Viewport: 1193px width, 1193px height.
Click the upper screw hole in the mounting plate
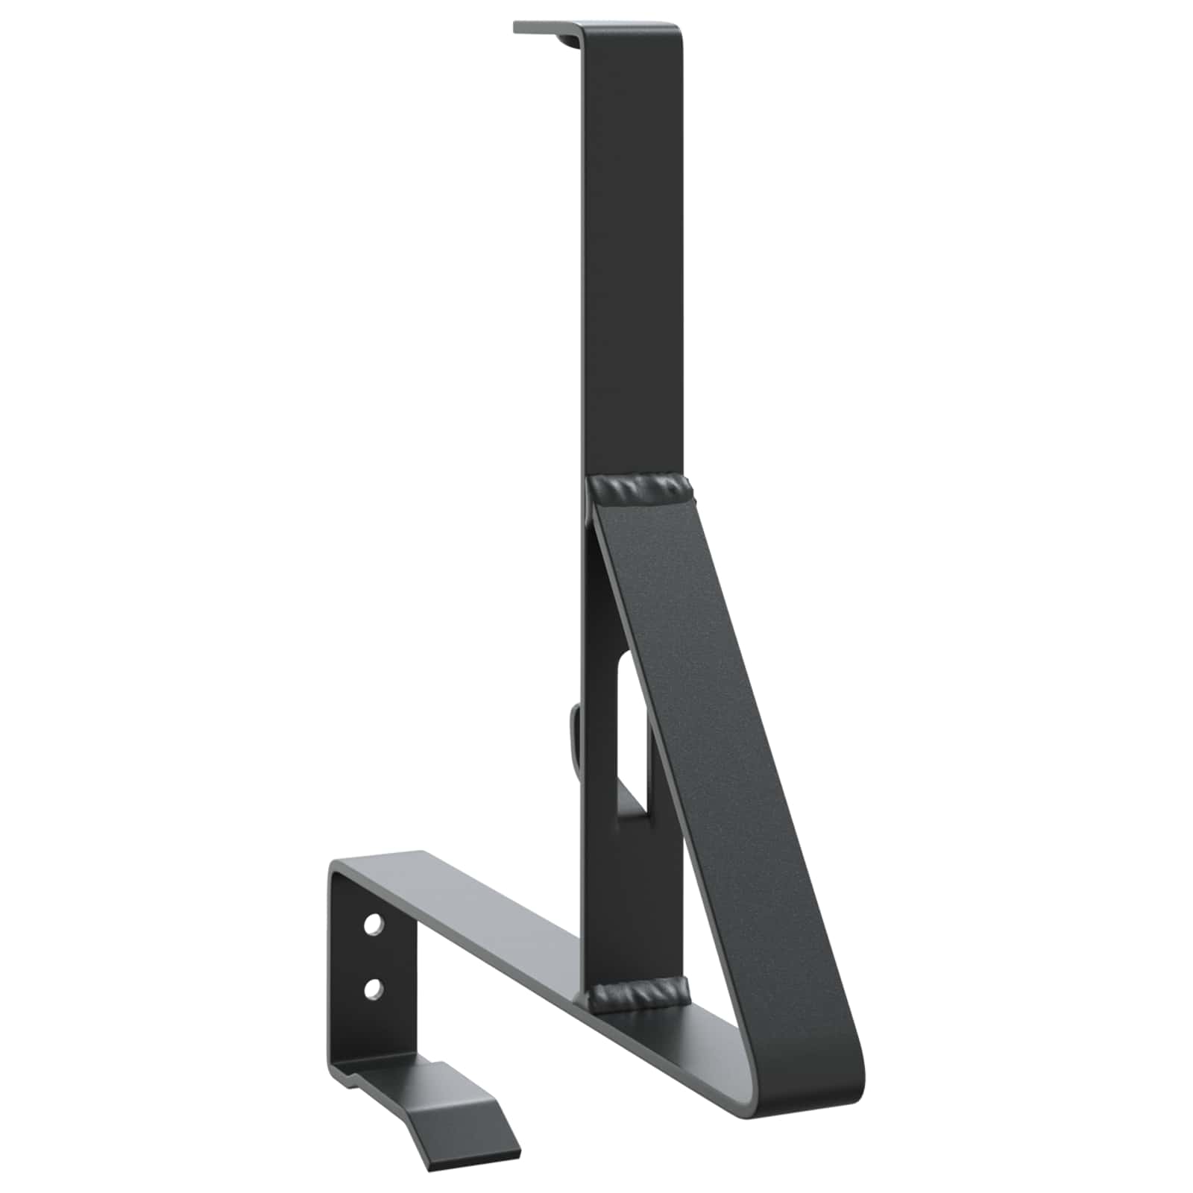coord(371,928)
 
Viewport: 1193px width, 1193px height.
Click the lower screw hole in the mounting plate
coord(371,989)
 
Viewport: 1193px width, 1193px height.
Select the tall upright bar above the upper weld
coord(631,261)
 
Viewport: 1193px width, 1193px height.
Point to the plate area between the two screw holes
coord(371,958)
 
